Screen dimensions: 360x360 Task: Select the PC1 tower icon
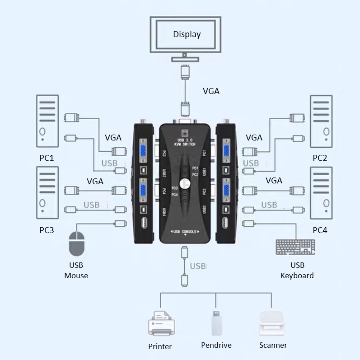pos(47,121)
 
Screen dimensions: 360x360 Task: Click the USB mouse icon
pos(76,244)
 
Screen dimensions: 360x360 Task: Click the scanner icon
pos(273,323)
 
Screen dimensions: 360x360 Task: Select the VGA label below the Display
pos(211,91)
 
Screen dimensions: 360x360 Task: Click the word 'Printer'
pos(160,346)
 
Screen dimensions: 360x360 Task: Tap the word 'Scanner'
pos(273,345)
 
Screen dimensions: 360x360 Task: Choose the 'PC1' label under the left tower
pos(47,158)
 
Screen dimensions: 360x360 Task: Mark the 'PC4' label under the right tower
pos(320,230)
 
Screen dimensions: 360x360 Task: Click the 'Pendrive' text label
pos(216,345)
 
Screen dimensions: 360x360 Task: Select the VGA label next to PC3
pos(95,181)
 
